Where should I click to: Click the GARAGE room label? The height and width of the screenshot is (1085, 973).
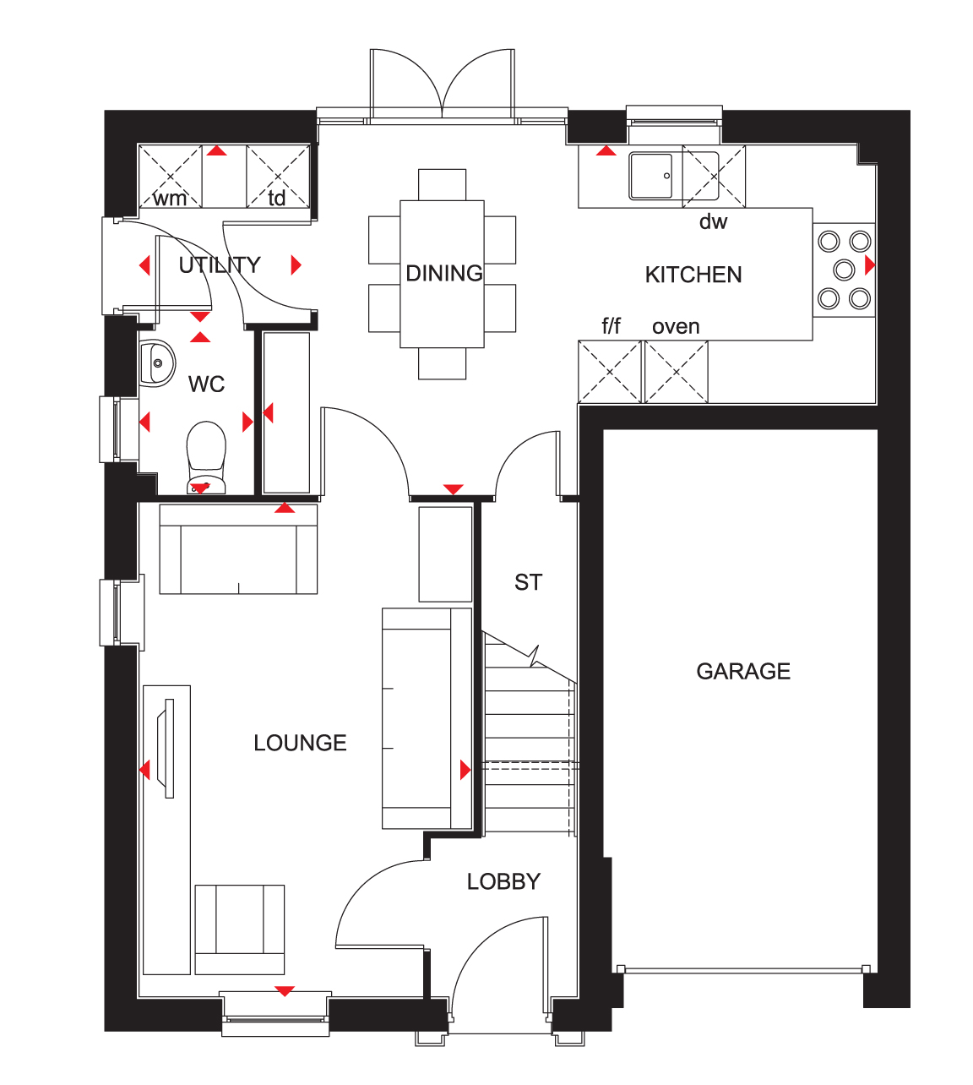point(743,671)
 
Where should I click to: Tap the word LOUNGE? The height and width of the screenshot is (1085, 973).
point(300,743)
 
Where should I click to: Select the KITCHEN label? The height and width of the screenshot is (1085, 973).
point(693,275)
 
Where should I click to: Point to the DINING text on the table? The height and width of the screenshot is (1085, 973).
point(443,273)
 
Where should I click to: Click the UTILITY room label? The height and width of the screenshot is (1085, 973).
point(220,265)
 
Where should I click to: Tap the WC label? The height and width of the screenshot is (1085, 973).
point(207,384)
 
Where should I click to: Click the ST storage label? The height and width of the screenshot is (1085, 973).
point(528,582)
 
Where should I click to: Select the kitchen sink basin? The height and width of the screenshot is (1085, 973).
point(651,177)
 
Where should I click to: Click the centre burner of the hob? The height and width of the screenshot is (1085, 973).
point(844,270)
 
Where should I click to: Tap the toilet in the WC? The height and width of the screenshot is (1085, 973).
point(206,457)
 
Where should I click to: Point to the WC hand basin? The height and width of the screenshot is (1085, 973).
point(157,363)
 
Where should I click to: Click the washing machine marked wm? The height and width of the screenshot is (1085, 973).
point(171,177)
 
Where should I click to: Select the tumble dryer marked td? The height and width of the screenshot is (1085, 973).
point(278,177)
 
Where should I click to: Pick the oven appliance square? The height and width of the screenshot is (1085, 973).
point(677,372)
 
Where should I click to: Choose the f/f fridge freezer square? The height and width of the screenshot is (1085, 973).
point(610,372)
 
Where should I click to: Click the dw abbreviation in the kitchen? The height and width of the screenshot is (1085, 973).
point(713,221)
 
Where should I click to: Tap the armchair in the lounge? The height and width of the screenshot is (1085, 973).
point(239,930)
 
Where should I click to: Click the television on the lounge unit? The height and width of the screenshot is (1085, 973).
point(166,748)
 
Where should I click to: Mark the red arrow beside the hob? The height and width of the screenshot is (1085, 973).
point(870,264)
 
